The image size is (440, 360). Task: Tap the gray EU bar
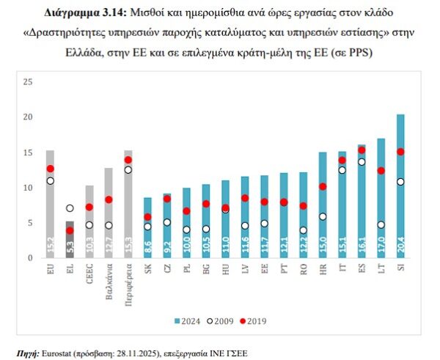tap(50, 205)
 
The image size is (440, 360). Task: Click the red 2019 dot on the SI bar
tap(400, 152)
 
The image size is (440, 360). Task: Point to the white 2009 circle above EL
tap(70, 208)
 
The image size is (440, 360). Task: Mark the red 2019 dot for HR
tap(323, 186)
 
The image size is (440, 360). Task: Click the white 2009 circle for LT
tap(381, 225)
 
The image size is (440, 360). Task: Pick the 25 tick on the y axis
tap(29, 81)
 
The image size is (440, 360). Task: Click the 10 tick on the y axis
tap(29, 188)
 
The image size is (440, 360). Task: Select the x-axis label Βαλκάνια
tap(109, 277)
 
